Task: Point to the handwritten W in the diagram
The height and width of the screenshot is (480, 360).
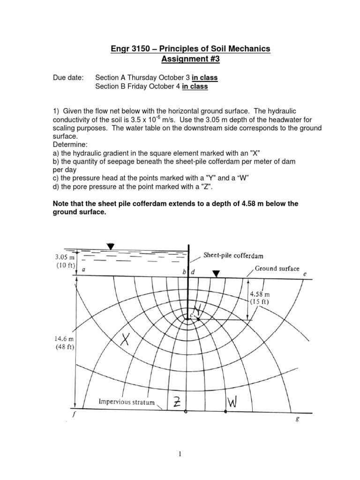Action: click(233, 401)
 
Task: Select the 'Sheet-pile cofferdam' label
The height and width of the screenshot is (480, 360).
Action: click(233, 256)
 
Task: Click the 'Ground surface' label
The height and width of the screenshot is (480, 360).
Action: click(277, 269)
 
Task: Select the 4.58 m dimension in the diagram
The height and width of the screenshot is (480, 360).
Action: click(259, 294)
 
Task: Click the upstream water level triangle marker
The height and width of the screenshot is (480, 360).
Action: click(110, 247)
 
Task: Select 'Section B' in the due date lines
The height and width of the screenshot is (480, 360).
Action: click(109, 86)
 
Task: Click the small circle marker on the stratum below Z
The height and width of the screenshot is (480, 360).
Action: click(186, 412)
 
